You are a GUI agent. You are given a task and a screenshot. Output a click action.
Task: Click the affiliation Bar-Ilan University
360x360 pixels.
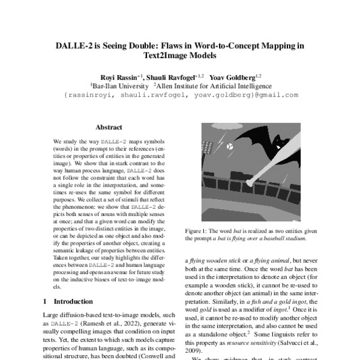pos(115,86)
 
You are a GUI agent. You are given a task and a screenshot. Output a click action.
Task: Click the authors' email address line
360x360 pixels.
pos(180,95)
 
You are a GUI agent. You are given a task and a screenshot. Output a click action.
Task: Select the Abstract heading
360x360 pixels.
pos(109,127)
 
